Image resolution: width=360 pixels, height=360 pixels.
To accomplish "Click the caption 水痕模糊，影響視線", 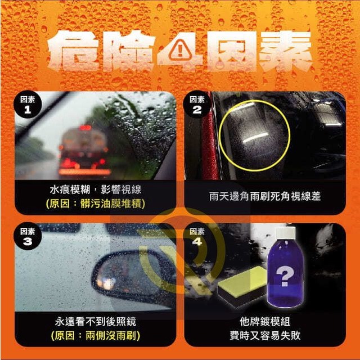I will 96,190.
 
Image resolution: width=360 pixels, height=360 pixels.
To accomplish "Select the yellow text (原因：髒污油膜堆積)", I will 96,204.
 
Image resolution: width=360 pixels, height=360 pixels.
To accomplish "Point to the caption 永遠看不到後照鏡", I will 96,322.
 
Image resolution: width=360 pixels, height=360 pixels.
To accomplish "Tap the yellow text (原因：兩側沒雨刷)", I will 96,336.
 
